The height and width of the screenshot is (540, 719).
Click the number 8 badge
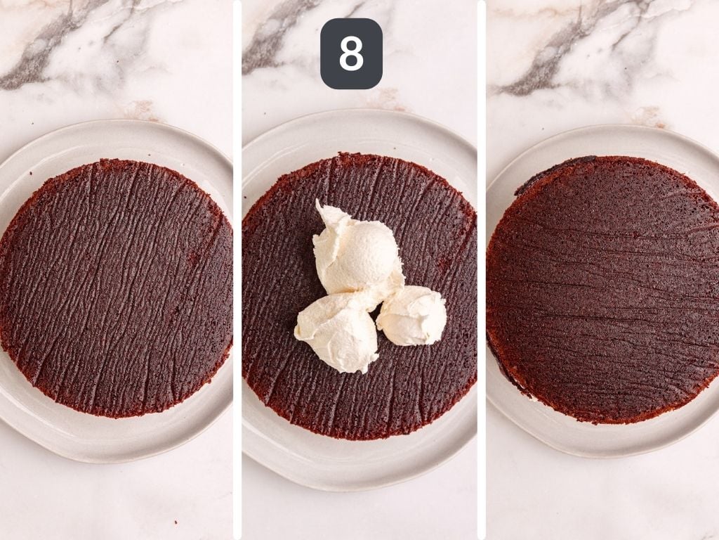[351, 53]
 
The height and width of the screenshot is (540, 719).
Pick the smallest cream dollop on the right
[413, 315]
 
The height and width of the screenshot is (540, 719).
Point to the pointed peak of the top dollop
[320, 205]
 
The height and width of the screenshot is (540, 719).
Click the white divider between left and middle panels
[237, 270]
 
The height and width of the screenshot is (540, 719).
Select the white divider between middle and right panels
[481, 270]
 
